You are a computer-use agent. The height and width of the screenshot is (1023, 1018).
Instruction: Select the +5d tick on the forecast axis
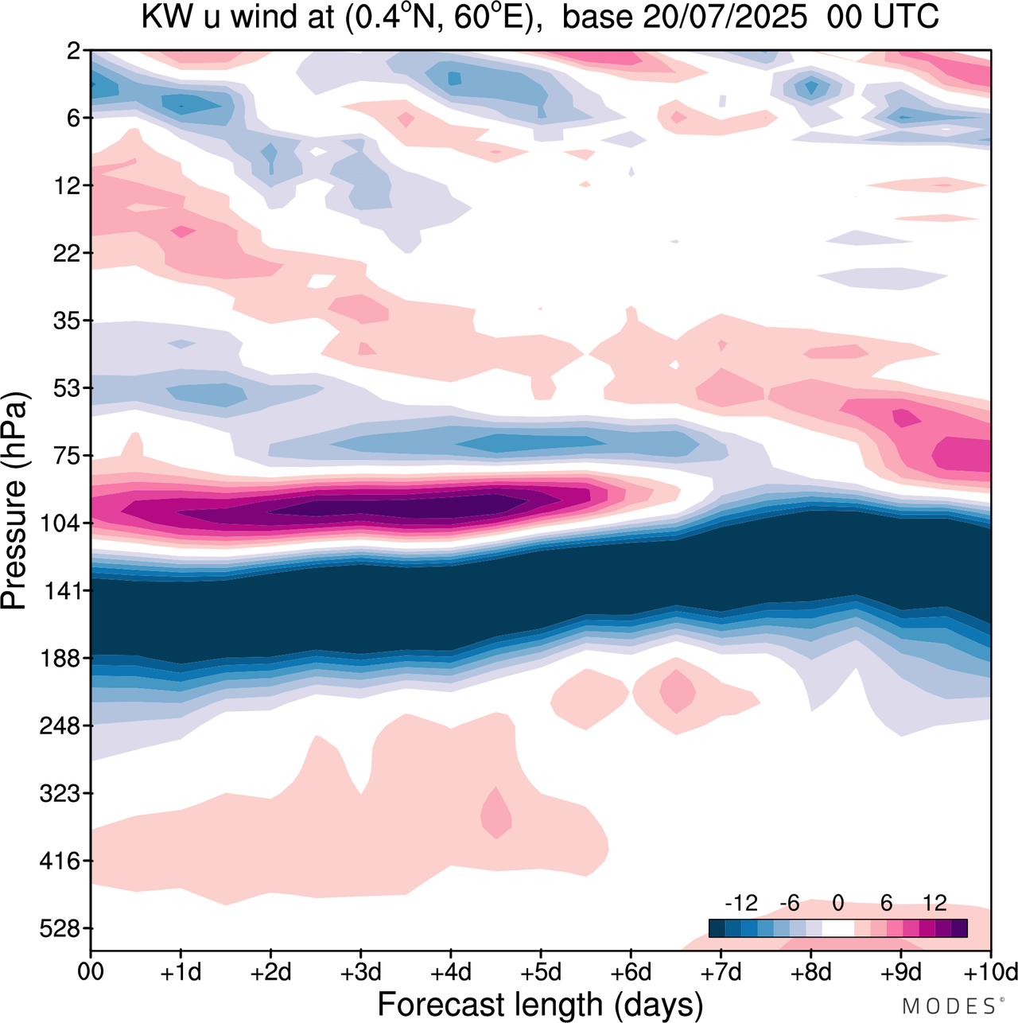coord(541,972)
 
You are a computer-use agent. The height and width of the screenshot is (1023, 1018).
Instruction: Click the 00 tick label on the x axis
coord(91,972)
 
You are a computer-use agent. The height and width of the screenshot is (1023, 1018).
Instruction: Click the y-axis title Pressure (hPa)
coord(15,501)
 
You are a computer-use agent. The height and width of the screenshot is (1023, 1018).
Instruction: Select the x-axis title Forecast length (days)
coord(540,1004)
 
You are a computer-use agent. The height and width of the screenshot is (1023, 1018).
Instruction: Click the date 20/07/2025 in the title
coord(725,18)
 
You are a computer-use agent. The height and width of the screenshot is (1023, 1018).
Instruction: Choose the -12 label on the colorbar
coord(740,903)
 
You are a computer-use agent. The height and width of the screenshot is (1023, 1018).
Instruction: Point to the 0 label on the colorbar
coord(837,903)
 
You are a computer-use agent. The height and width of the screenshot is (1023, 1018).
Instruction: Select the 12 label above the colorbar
coord(934,903)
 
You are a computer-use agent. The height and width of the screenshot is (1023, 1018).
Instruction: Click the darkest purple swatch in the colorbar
coord(959,928)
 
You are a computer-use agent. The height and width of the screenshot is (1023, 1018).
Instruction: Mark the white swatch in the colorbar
coord(837,928)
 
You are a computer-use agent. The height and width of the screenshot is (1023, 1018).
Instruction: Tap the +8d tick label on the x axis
coord(811,972)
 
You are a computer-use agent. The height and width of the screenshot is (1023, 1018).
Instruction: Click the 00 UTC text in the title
coord(883,18)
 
